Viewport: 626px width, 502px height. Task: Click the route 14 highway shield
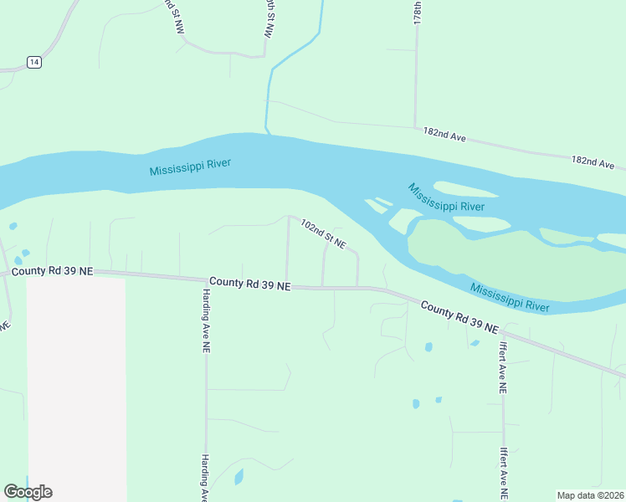(x=33, y=62)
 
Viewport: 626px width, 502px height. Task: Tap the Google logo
(x=28, y=492)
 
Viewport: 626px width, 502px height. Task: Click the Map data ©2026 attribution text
(x=589, y=495)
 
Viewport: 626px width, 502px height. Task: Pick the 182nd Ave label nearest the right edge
(x=593, y=161)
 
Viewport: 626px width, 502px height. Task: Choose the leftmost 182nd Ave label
(x=444, y=134)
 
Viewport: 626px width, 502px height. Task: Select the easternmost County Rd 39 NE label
(x=459, y=318)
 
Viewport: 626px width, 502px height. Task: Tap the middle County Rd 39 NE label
(x=249, y=284)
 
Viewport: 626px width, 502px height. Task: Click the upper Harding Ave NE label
(x=205, y=321)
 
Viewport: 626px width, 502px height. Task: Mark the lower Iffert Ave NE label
(x=503, y=474)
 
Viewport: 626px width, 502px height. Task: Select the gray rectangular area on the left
(x=76, y=385)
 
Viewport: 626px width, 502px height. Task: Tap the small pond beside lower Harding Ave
(x=239, y=477)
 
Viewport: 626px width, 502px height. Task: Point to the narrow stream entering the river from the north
(x=269, y=92)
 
